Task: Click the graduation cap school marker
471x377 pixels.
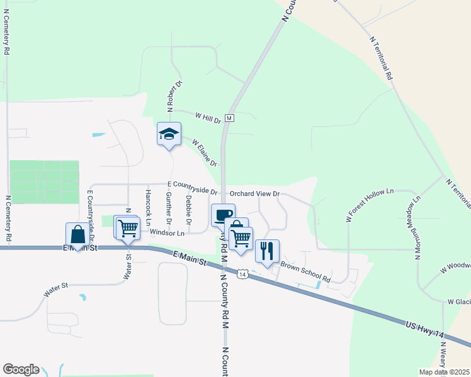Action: (169, 134)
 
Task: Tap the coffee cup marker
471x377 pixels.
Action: (223, 216)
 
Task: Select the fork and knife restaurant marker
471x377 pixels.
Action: (267, 251)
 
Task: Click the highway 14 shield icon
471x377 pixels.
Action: (242, 274)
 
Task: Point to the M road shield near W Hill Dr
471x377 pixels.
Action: (229, 118)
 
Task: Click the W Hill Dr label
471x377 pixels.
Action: (208, 117)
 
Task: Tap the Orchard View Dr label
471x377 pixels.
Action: (254, 194)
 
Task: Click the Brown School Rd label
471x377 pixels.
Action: (305, 271)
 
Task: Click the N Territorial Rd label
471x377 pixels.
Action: (381, 57)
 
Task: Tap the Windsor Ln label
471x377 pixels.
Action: (167, 233)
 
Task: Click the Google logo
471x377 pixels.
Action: (21, 369)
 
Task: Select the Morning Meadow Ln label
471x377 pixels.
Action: (416, 229)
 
